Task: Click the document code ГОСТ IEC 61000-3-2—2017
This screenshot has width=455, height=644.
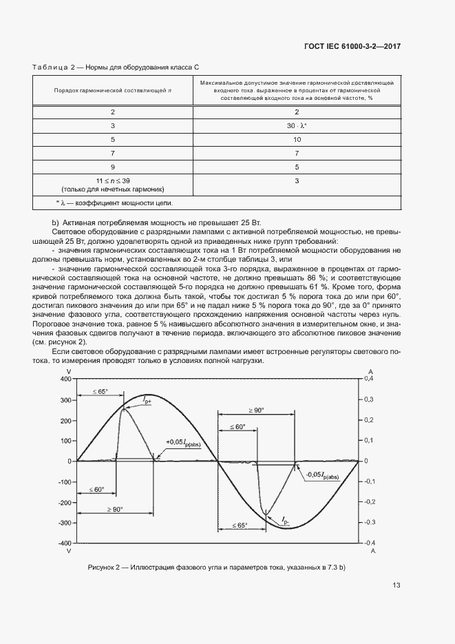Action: (352, 46)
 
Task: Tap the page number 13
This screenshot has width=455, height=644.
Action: (396, 585)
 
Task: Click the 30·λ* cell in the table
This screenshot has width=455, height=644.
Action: (297, 125)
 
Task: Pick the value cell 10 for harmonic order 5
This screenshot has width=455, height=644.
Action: (297, 140)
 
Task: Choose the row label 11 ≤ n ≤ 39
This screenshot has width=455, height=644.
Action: (113, 180)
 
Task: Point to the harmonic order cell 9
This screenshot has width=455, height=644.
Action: (113, 166)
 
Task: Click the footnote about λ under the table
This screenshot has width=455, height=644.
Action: (114, 202)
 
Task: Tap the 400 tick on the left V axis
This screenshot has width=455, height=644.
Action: (65, 379)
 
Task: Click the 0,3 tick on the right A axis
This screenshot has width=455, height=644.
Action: (368, 399)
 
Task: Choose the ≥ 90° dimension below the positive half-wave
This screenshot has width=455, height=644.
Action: (114, 509)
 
